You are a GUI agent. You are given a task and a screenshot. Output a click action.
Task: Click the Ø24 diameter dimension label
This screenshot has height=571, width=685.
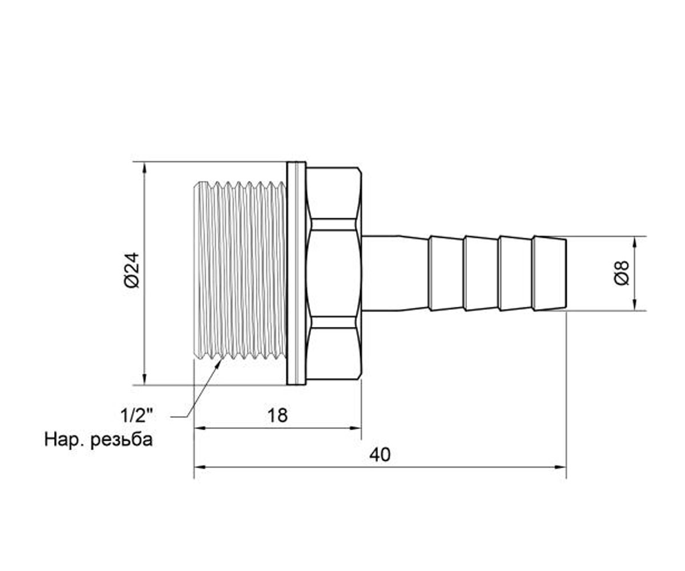[132, 270]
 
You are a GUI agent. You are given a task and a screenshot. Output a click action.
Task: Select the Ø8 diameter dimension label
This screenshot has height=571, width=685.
[622, 273]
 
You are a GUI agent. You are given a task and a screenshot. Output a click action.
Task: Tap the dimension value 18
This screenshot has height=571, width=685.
[277, 416]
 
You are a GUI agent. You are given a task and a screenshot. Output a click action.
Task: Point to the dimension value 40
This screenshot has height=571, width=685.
[380, 455]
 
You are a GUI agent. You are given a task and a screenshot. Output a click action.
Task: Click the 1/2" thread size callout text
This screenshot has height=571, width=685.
[137, 416]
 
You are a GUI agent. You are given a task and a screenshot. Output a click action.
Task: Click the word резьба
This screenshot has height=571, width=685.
[122, 440]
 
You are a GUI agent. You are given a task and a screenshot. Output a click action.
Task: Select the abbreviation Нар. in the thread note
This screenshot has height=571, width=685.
[65, 440]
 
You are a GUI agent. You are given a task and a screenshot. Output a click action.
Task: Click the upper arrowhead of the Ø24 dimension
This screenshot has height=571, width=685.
[144, 168]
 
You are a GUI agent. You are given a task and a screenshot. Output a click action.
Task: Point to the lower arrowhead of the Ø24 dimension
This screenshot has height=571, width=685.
[144, 379]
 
